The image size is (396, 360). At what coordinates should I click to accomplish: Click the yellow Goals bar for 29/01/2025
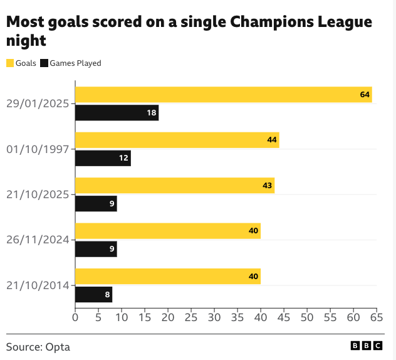[223, 95]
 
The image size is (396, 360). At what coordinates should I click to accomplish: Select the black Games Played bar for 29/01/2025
[117, 113]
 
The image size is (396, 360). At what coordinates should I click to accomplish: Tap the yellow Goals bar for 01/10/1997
[177, 140]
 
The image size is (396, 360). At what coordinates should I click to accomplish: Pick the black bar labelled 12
[103, 158]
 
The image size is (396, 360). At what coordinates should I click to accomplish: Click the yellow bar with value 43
[175, 186]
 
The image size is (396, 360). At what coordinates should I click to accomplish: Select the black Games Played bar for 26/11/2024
[96, 249]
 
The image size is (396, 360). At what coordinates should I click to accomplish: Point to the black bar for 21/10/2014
[93, 294]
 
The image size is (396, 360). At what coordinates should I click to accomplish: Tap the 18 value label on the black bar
[151, 113]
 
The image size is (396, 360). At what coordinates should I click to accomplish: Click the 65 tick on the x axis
[377, 318]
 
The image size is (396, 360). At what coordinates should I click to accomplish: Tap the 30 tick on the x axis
[214, 318]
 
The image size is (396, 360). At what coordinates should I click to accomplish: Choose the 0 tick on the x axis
[75, 318]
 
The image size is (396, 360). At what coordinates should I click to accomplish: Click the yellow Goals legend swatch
[10, 63]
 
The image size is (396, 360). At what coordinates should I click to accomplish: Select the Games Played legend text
[75, 63]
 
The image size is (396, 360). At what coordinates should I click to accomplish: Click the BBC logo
[367, 346]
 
